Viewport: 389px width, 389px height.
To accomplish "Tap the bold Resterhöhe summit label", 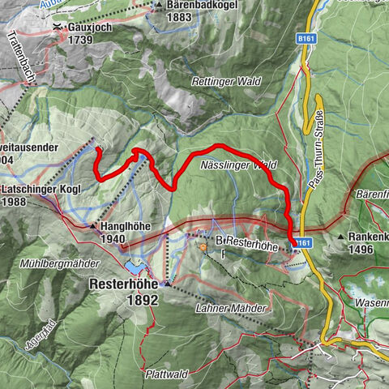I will (122, 286).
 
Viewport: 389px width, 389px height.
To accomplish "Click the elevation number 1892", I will (124, 300).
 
